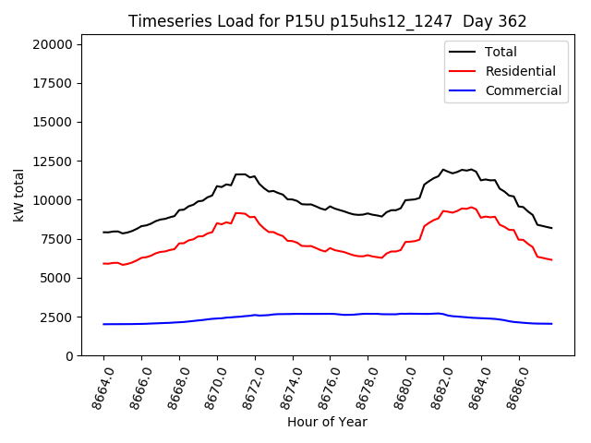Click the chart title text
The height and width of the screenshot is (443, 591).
[328, 21]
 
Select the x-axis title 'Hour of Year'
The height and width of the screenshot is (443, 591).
[327, 422]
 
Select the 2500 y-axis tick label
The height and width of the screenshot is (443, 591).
[62, 317]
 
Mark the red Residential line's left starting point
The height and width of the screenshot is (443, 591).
[103, 263]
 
